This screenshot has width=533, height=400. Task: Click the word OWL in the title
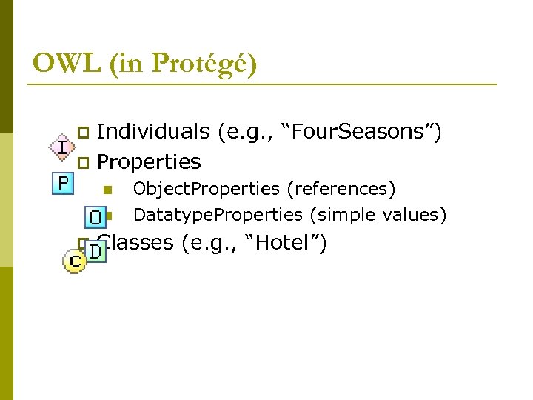click(66, 64)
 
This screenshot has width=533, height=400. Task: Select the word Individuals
click(153, 132)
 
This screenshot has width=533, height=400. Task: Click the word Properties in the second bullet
click(149, 161)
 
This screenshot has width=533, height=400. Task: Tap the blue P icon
click(64, 182)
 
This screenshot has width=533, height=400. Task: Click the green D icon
click(96, 252)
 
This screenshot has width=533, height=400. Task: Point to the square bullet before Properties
click(84, 162)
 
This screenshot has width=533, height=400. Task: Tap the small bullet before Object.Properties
click(108, 190)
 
